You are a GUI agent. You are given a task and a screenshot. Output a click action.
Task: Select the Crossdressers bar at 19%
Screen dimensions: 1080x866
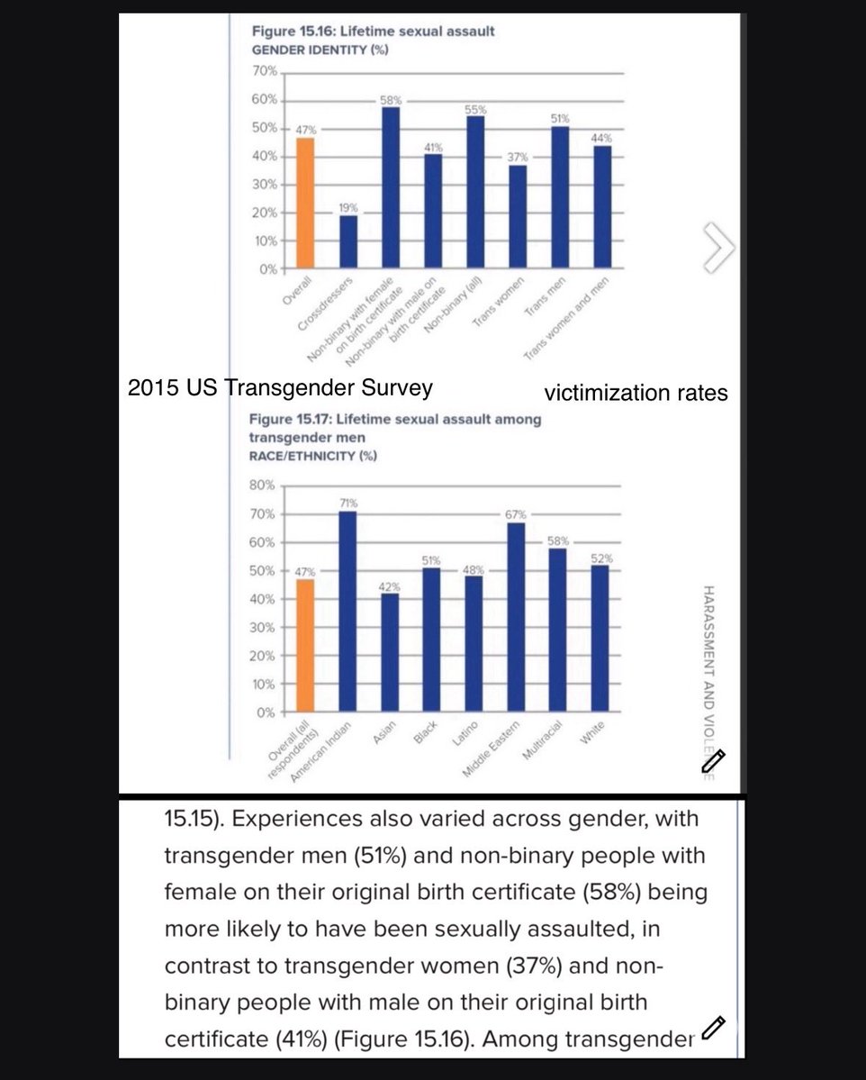(348, 241)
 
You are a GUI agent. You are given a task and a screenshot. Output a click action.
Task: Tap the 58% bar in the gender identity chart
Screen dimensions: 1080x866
(390, 187)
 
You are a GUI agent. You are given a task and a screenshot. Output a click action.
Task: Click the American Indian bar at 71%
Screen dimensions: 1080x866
(347, 612)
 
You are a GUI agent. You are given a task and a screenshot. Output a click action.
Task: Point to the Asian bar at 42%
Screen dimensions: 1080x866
(389, 652)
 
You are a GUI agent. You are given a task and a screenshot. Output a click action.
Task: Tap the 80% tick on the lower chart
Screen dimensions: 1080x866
(264, 486)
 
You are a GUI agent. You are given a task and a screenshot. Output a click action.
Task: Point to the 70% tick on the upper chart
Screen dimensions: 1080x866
(265, 71)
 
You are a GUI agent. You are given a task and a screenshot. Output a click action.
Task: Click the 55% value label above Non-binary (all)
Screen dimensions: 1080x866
(475, 110)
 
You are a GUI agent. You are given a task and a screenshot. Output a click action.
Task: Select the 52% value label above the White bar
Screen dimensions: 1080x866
(601, 558)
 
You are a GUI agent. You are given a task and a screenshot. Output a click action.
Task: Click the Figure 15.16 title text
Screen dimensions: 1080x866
(373, 32)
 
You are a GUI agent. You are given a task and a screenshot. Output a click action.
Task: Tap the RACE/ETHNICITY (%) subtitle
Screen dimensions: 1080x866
(311, 456)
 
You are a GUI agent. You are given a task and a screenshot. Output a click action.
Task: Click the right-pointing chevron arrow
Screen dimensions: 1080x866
(719, 246)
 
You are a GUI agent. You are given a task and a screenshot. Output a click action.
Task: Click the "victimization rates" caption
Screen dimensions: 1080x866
(636, 393)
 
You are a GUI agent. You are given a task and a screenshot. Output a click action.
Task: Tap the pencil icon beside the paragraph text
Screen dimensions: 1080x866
(714, 1026)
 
